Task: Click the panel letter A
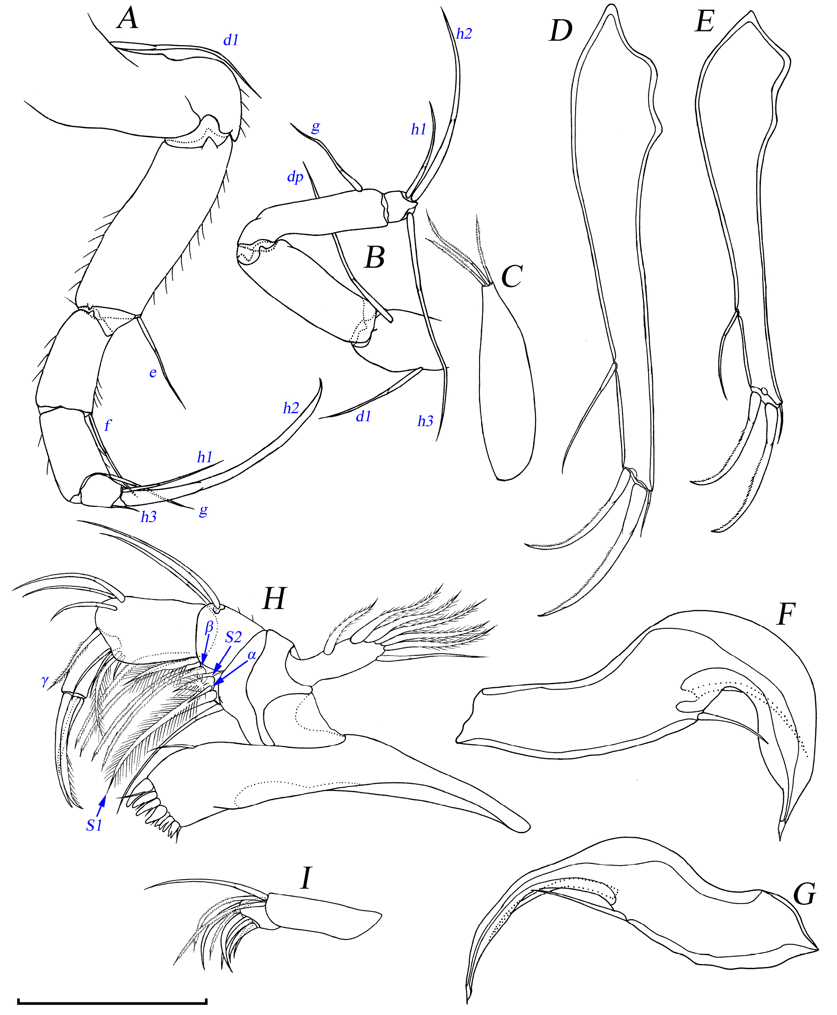[x=128, y=20]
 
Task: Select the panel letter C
[x=511, y=277]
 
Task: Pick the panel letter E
[x=705, y=22]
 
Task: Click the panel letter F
[x=786, y=614]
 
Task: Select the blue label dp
[x=295, y=177]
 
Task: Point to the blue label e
[x=153, y=373]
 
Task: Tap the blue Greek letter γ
[x=45, y=681]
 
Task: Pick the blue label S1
[x=94, y=826]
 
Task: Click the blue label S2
[x=233, y=637]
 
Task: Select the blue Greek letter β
[x=209, y=627]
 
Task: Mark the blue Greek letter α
[x=251, y=655]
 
